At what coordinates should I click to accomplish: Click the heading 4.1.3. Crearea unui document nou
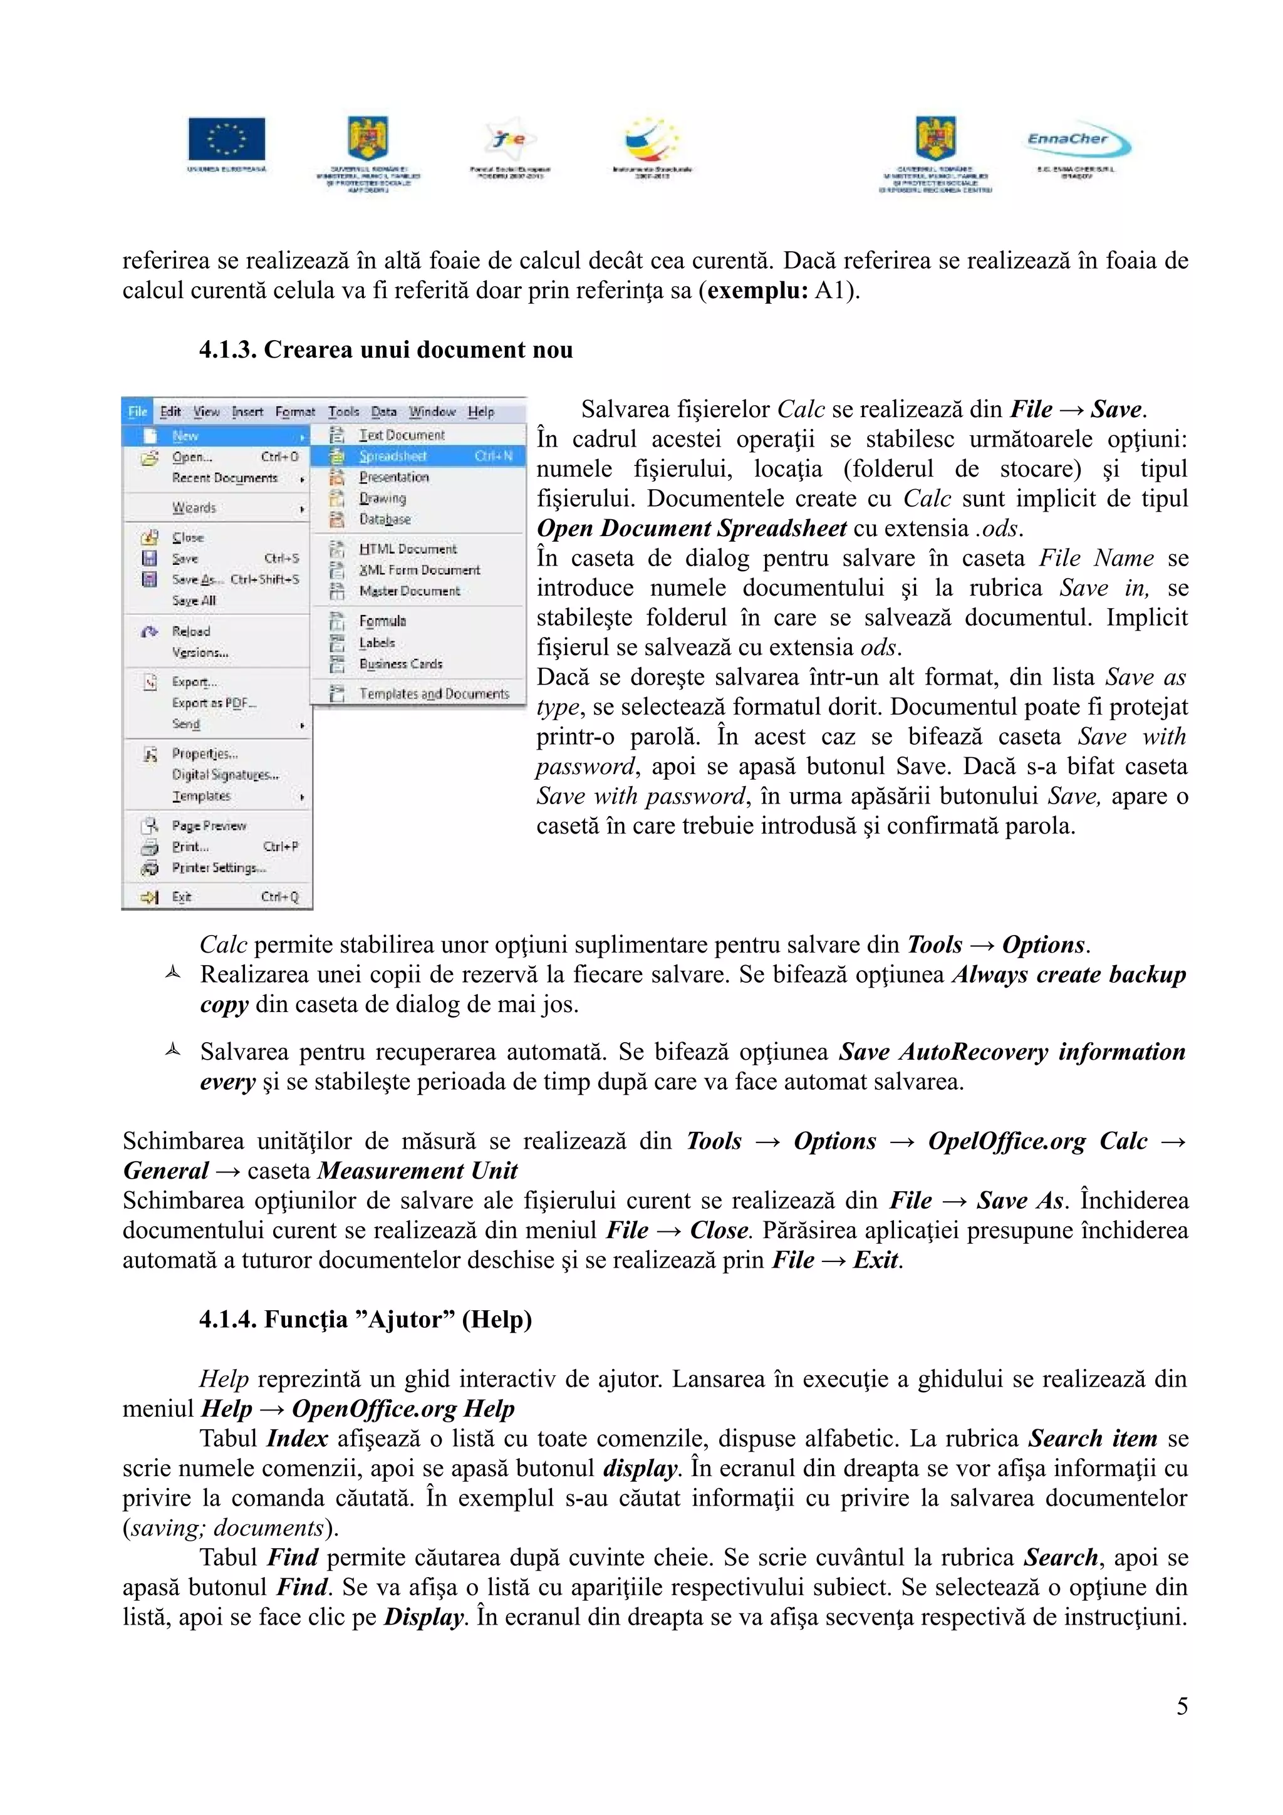pyautogui.click(x=386, y=349)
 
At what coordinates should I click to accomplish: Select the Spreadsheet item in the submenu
pyautogui.click(x=393, y=456)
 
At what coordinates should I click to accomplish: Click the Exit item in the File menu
pyautogui.click(x=182, y=896)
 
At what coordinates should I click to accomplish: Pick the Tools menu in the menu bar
pyautogui.click(x=343, y=411)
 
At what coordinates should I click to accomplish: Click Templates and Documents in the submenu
pyautogui.click(x=433, y=693)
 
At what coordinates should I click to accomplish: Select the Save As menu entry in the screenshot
pyautogui.click(x=197, y=579)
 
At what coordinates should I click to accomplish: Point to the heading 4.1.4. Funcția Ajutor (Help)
pyautogui.click(x=365, y=1320)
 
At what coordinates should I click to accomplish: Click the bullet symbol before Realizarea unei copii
pyautogui.click(x=173, y=974)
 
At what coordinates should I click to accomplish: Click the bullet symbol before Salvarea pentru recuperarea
pyautogui.click(x=173, y=1050)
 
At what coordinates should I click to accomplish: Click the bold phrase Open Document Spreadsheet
pyautogui.click(x=692, y=528)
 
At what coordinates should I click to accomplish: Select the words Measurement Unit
pyautogui.click(x=417, y=1171)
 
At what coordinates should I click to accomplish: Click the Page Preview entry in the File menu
pyautogui.click(x=209, y=825)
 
